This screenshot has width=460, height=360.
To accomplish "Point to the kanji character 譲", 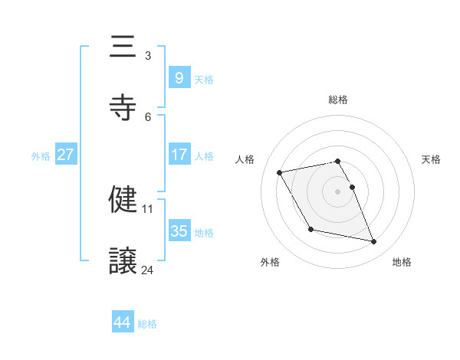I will (x=123, y=261).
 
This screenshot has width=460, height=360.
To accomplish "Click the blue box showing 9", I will (x=179, y=77).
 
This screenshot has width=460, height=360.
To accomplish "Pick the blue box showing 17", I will (x=179, y=155).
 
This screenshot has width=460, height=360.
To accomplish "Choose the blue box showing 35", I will (x=179, y=231).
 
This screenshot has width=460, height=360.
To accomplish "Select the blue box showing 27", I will (x=65, y=155).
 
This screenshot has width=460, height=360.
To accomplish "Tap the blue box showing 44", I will (x=122, y=322).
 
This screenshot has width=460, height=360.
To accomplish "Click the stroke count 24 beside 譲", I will (x=148, y=270).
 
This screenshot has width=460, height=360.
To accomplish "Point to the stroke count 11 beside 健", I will (x=148, y=208).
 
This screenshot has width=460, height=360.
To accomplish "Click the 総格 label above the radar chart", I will (x=338, y=100).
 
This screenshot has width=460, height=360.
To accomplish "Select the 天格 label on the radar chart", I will (x=431, y=159).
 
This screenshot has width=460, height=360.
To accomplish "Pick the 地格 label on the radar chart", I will (x=402, y=262).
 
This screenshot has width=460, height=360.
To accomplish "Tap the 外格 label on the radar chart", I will (x=270, y=262).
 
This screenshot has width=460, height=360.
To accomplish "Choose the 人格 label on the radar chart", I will (x=245, y=159).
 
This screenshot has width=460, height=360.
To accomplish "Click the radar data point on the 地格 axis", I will (x=374, y=242).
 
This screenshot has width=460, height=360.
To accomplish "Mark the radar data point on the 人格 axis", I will (x=280, y=172).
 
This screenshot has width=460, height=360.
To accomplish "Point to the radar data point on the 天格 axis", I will (x=352, y=187).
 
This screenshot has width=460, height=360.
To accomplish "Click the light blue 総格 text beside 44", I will (x=147, y=324).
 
